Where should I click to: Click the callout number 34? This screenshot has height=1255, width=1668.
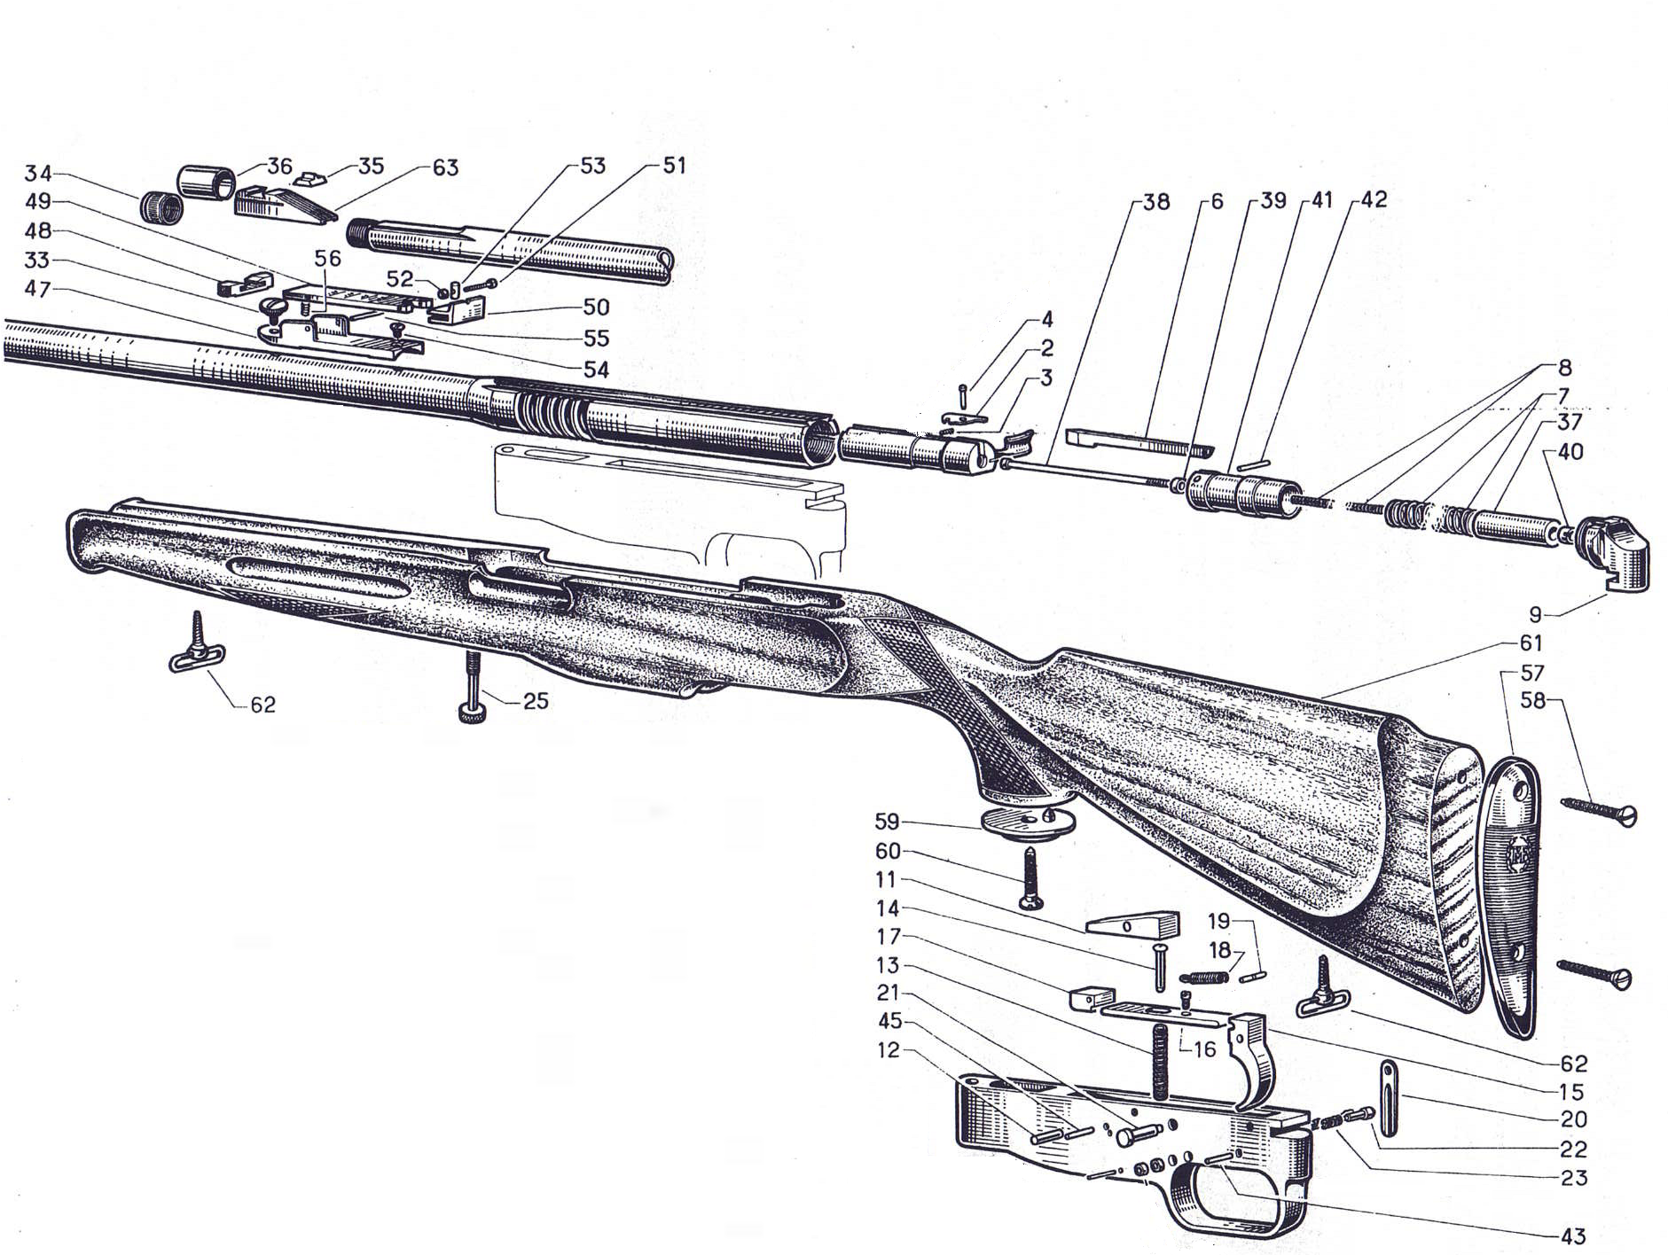38,173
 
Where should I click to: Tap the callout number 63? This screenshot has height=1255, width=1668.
445,168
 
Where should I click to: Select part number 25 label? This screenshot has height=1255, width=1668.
536,701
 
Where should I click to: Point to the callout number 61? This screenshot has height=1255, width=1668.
1531,643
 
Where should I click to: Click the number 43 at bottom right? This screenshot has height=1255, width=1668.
1572,1236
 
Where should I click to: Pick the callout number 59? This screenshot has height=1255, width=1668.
887,822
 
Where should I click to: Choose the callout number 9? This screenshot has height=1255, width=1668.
1535,614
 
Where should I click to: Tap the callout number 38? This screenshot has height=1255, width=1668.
1155,202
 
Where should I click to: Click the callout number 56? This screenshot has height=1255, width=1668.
327,258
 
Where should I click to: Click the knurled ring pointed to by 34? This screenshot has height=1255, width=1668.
161,207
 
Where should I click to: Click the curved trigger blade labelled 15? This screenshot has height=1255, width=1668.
1256,1060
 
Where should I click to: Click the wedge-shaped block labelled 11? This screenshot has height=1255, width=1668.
1133,924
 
